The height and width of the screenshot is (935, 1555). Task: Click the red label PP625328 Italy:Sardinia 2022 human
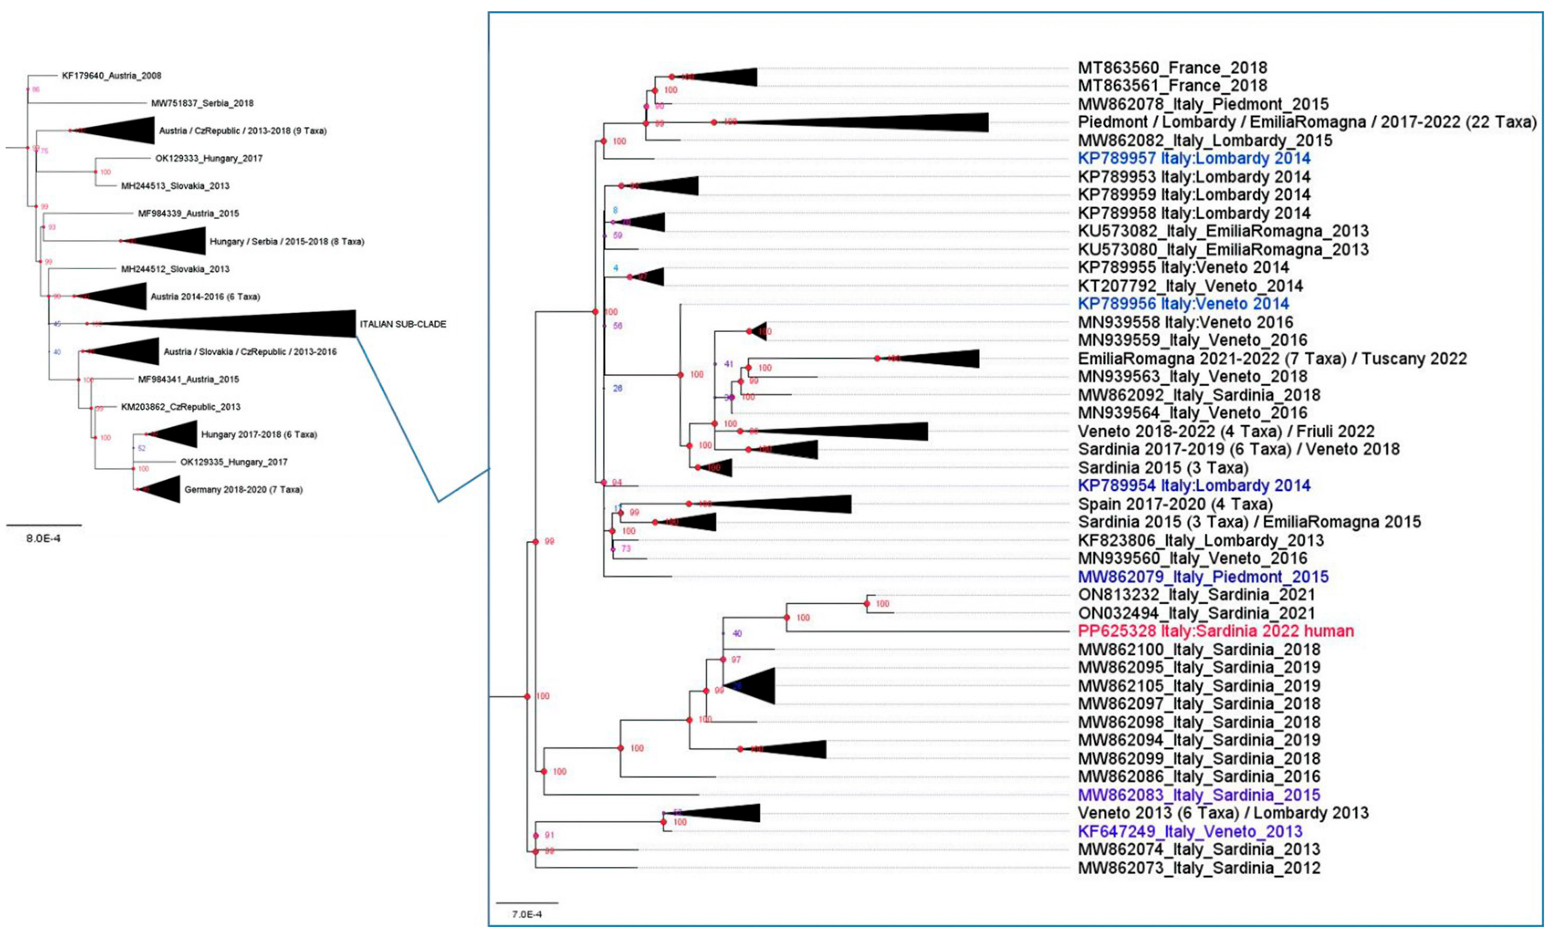point(1215,631)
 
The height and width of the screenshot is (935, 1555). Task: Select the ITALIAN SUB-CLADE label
point(403,324)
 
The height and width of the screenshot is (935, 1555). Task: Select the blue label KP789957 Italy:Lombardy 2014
point(1194,158)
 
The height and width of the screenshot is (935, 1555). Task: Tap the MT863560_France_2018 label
point(1172,67)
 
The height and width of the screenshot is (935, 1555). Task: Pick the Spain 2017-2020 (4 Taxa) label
point(1175,504)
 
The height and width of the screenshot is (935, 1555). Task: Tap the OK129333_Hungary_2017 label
point(209,158)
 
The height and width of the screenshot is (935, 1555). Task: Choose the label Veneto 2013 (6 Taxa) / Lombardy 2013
point(1223,813)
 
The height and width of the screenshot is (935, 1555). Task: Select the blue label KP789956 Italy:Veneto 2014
point(1183,304)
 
